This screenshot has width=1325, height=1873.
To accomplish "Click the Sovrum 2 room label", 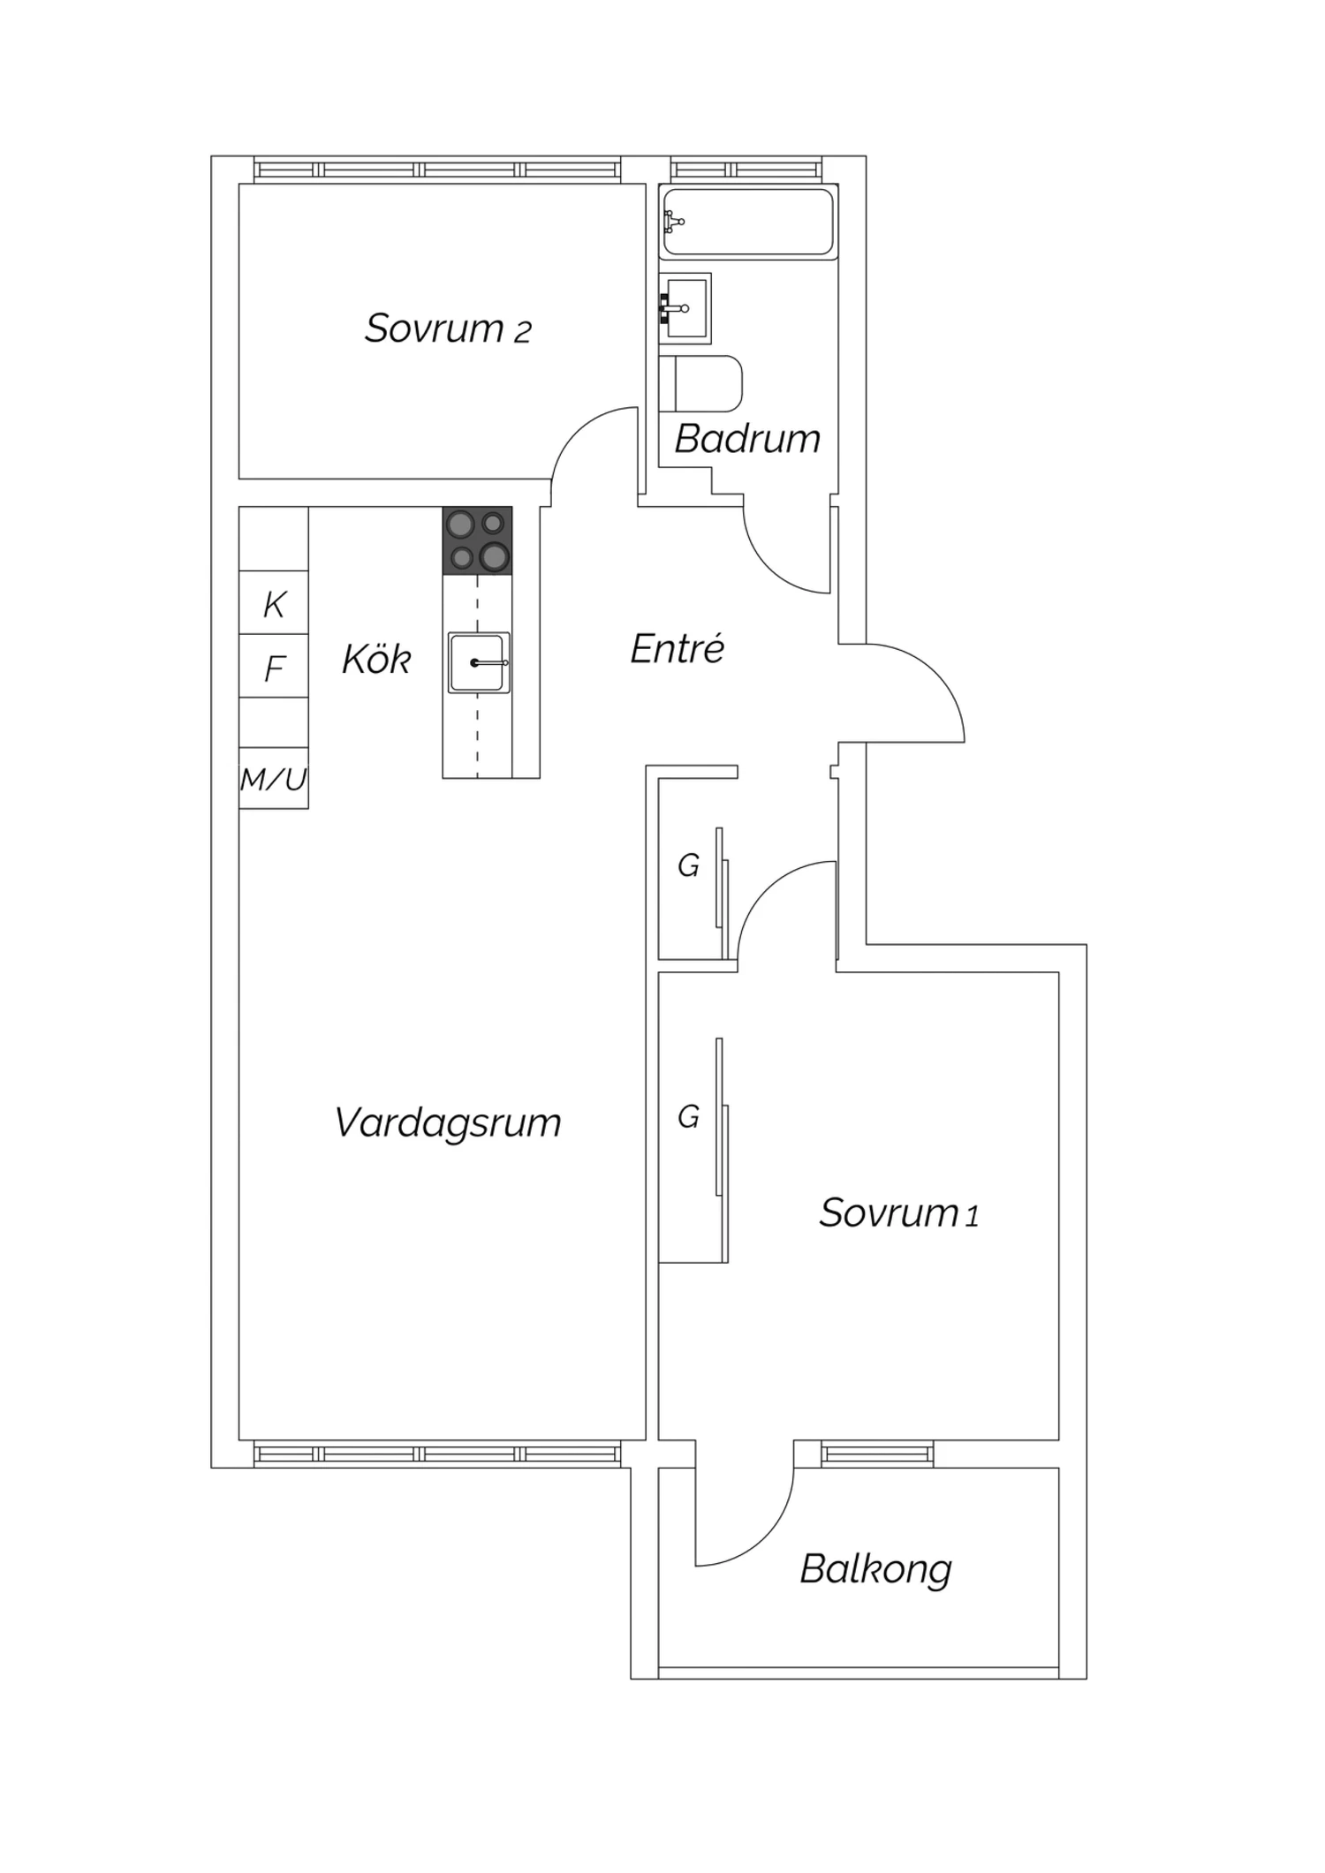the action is [448, 329].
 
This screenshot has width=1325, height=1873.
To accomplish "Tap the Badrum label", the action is [747, 439].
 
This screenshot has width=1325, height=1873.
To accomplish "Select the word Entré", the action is [678, 649].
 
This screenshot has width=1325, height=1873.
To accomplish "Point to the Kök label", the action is [376, 659].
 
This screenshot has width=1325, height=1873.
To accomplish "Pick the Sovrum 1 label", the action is [898, 1213].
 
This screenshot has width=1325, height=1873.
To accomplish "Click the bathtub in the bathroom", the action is [748, 223].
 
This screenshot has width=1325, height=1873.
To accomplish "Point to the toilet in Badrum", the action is [700, 383].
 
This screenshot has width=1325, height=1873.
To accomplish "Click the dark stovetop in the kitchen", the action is [477, 540].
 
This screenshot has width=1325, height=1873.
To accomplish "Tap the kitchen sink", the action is [479, 662].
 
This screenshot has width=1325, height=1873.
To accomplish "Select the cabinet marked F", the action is [274, 667].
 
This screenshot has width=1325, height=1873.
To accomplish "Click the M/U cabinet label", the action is [273, 779].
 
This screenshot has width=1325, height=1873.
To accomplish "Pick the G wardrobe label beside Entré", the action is [688, 866].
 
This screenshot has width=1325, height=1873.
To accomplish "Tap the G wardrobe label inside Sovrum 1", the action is [688, 1117].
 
